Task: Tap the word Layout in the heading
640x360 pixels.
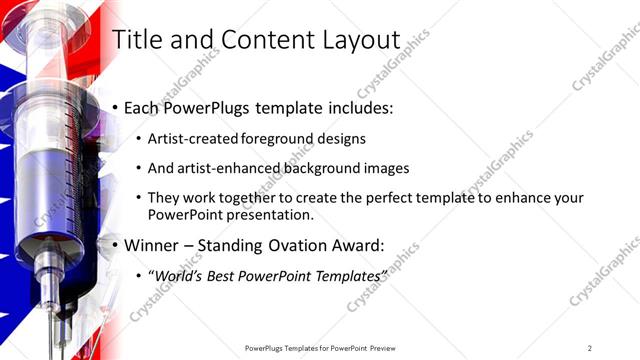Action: [354, 40]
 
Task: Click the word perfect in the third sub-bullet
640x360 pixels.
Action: [373, 198]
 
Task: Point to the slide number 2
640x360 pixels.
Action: [590, 348]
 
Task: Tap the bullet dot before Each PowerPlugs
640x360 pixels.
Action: [116, 107]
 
